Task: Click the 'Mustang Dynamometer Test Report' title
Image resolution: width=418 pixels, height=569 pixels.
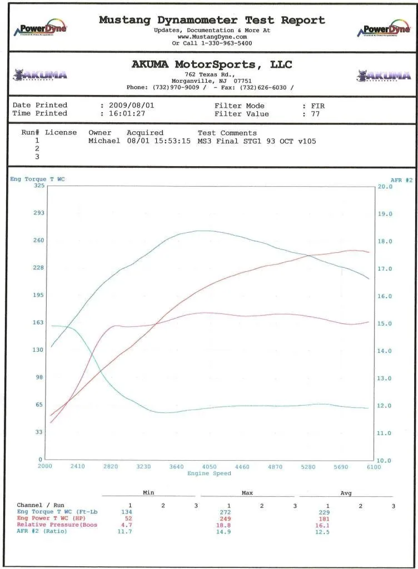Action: tap(212, 20)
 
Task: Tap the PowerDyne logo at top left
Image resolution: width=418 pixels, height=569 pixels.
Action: tap(43, 29)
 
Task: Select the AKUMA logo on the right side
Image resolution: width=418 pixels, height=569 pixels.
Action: tap(384, 75)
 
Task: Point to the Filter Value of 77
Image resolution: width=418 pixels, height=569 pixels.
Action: tap(316, 114)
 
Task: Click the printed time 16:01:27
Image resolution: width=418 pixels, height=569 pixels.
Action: tap(126, 114)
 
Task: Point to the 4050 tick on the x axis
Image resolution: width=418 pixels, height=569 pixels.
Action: tap(210, 467)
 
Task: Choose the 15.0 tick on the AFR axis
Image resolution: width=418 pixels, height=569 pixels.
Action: tap(385, 323)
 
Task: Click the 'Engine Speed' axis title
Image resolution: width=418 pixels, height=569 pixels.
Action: tap(209, 473)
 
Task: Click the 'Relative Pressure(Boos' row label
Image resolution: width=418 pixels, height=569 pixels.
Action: tap(57, 525)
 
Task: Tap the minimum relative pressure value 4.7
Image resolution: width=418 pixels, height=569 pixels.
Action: tap(126, 525)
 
